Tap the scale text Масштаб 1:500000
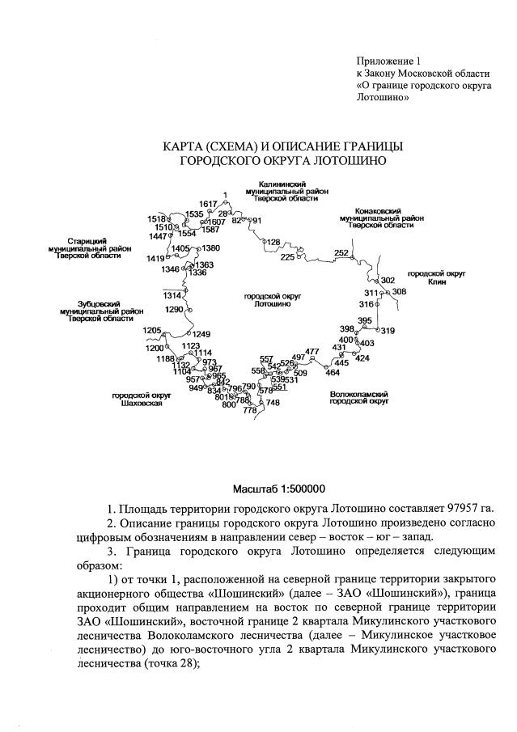tap(279, 489)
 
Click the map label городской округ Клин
tap(436, 279)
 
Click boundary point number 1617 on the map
tap(208, 204)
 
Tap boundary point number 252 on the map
tap(341, 253)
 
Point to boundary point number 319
tap(388, 331)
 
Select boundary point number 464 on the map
tap(333, 372)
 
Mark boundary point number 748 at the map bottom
tap(273, 403)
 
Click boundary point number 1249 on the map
tap(201, 334)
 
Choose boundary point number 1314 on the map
tap(172, 296)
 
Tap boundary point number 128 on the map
tap(273, 242)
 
